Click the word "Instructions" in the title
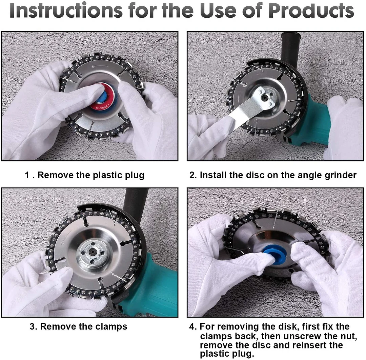(66, 11)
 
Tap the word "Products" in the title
(311, 11)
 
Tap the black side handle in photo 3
(136, 205)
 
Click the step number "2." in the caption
(193, 175)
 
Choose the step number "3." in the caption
(34, 326)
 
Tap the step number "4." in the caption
(193, 326)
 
